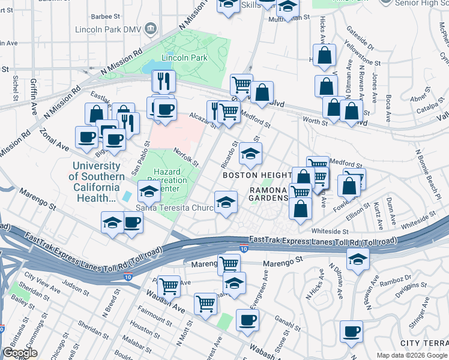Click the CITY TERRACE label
[x=424, y=343]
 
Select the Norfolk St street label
[x=186, y=158]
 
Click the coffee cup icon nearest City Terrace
[x=351, y=331]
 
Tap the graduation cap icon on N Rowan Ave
[x=358, y=259]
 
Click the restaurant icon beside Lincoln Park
[x=163, y=80]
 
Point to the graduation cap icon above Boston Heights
[x=250, y=154]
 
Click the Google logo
[x=20, y=353]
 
